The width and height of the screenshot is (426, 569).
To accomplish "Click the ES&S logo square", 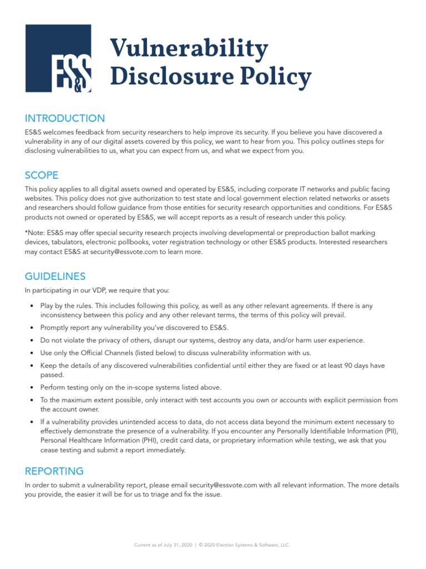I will click(58, 58).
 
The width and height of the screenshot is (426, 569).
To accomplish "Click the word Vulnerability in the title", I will click(189, 48).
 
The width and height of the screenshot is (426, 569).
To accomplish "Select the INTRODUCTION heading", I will click(64, 118).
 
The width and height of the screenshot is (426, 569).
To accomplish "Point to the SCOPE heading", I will click(42, 175).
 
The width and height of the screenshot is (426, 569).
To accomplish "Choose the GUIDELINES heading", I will click(55, 276).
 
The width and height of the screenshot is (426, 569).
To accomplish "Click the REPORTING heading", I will click(54, 471).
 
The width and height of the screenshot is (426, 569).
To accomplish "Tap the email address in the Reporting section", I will click(223, 485).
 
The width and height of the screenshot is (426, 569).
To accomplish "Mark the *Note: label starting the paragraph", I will click(34, 233).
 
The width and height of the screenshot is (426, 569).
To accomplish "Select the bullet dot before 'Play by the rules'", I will click(33, 306).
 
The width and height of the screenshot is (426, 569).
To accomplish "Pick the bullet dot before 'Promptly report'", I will click(33, 328).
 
